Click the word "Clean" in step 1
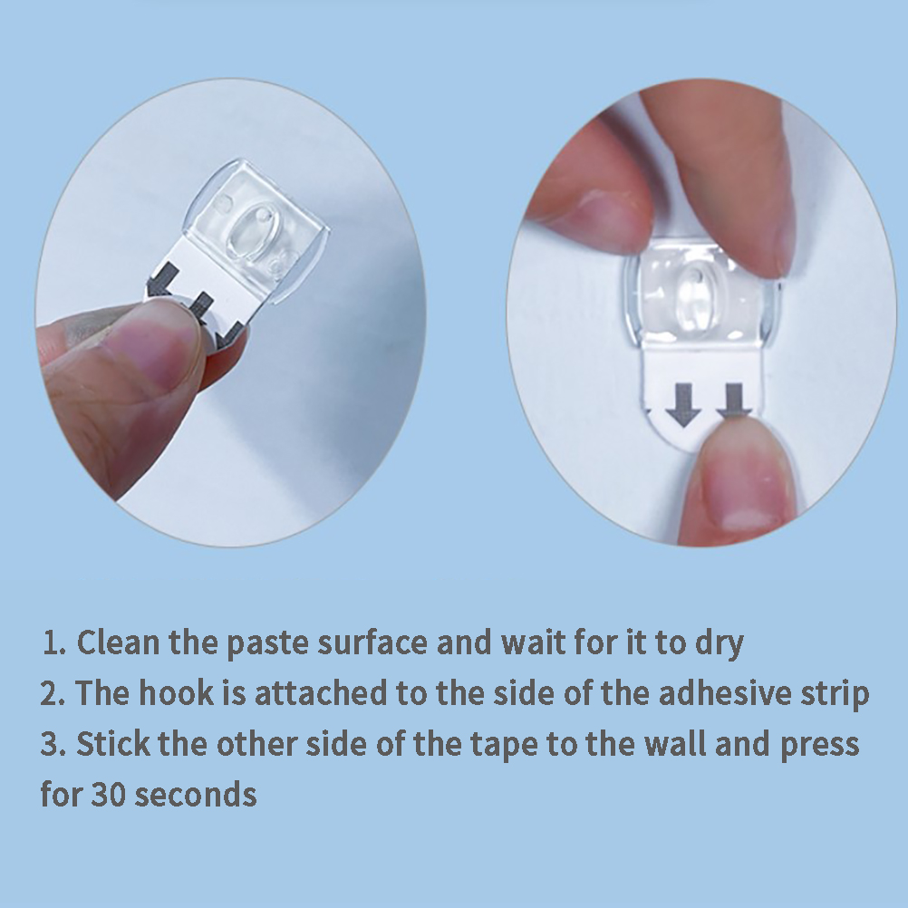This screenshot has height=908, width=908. pos(118,642)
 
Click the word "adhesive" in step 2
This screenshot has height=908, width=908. pos(724,693)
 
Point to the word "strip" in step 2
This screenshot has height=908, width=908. pos(835,695)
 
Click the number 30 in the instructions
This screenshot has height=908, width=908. pos(108,795)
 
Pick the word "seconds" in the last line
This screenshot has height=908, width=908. pos(196,795)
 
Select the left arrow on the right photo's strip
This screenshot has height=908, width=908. pos(683,405)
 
